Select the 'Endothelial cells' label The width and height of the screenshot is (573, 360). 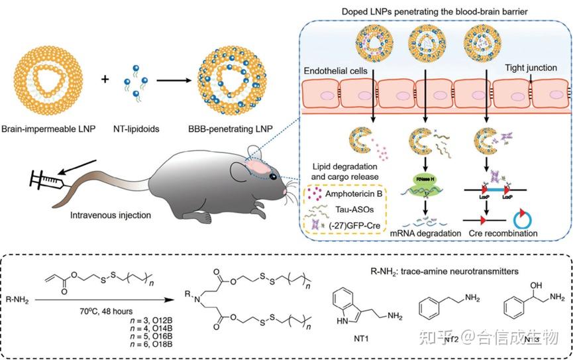336,70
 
